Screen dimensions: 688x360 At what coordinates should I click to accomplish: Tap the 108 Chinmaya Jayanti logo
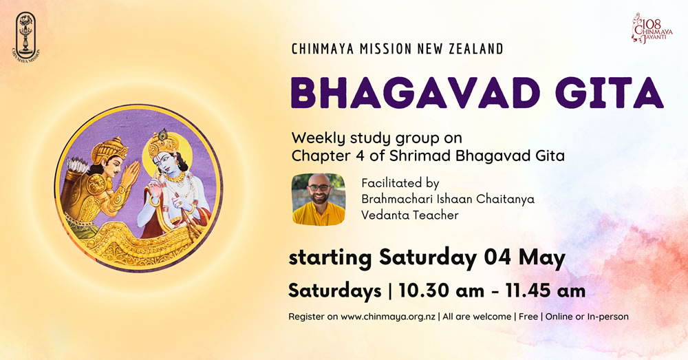645,28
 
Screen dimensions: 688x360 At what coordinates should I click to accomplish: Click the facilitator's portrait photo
319,200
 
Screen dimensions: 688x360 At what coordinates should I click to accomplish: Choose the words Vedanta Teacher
410,215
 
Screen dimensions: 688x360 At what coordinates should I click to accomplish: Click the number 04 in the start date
497,257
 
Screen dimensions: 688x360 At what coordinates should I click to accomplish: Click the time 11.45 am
546,290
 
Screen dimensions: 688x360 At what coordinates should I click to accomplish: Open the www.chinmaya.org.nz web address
388,317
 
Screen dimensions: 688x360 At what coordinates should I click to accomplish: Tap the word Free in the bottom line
528,316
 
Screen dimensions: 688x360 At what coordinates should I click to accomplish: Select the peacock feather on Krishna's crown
163,134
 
